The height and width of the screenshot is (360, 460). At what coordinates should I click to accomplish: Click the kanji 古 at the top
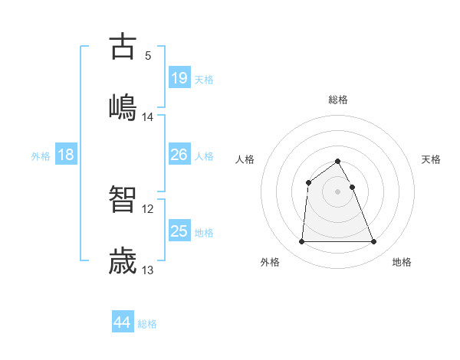[123, 47]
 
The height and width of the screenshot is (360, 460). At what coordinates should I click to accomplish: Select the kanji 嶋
[123, 106]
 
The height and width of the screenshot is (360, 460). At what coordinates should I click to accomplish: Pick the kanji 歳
[123, 260]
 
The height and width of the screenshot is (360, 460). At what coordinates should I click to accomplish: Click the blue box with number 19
[179, 77]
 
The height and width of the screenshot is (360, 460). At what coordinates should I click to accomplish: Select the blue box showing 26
[179, 155]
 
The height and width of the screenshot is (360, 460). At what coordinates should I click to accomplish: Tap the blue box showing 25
[179, 231]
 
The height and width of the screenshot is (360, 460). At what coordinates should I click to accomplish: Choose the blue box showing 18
[66, 155]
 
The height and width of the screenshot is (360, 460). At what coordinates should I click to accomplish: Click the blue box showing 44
[122, 322]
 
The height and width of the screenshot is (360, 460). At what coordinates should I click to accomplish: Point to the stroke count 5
[148, 55]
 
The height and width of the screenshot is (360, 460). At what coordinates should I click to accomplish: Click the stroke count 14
[148, 117]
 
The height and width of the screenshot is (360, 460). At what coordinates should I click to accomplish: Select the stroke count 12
[148, 208]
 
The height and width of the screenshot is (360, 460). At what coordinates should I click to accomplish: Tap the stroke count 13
[148, 270]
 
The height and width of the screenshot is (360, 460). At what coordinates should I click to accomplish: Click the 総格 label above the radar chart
[338, 100]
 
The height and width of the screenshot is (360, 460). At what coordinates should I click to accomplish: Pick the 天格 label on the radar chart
[431, 159]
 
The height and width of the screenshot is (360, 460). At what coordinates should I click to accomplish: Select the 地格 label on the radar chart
[402, 262]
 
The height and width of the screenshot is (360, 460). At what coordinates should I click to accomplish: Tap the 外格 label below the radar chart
[270, 262]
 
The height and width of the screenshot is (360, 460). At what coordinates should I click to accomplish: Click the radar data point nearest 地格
[373, 242]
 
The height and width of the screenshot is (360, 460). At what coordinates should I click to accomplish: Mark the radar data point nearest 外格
[301, 242]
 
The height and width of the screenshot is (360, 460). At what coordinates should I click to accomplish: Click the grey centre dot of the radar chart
[337, 191]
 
